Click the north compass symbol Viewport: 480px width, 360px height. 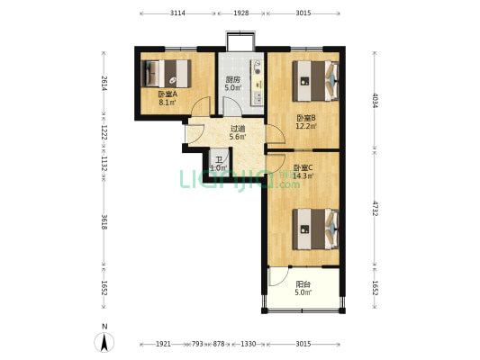104,339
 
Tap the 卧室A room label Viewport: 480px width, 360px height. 168,94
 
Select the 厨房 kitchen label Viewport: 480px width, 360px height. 232,80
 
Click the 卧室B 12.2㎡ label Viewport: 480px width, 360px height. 306,121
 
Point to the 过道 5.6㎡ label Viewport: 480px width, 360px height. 238,132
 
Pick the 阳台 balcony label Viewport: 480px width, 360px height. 303,284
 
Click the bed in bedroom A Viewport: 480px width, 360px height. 167,74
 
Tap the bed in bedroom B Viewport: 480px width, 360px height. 315,81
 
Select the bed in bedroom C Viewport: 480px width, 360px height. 315,229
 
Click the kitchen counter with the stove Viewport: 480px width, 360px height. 258,83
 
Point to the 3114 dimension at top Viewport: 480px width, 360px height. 177,13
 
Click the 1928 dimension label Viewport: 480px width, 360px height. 241,13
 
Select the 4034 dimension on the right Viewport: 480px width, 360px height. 375,100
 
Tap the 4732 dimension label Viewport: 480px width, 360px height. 375,208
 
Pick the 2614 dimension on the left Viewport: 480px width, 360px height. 104,83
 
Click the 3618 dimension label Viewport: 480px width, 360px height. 104,222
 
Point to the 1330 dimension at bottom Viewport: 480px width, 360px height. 248,344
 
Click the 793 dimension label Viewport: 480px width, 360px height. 197,344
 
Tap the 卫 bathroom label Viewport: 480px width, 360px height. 219,160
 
